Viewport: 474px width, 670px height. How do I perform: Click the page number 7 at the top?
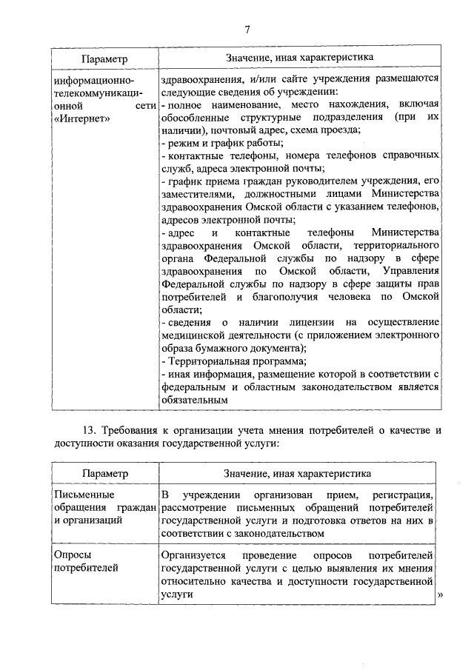[x=247, y=29]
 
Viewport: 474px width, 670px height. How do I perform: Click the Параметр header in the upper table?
[x=104, y=58]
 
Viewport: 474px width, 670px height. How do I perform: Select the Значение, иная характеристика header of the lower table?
[x=298, y=472]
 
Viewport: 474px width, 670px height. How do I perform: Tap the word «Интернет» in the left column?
[x=81, y=118]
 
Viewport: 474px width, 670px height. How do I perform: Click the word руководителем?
[x=328, y=181]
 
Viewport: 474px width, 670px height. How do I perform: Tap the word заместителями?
[x=193, y=194]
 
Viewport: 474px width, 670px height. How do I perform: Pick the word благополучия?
[x=292, y=296]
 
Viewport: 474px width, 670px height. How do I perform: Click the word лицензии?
[x=304, y=323]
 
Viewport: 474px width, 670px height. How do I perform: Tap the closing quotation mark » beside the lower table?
[x=441, y=595]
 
